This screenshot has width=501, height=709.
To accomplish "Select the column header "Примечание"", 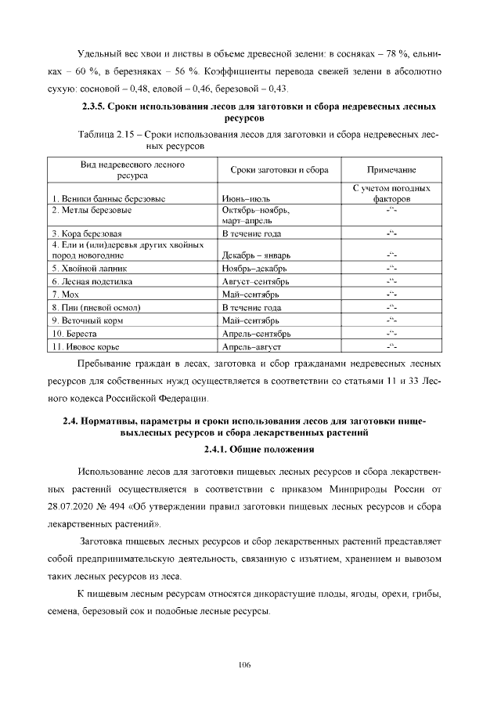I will [x=391, y=170].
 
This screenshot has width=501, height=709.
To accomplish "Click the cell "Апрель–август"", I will [x=251, y=346].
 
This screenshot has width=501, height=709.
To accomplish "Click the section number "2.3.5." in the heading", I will [x=93, y=106].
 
